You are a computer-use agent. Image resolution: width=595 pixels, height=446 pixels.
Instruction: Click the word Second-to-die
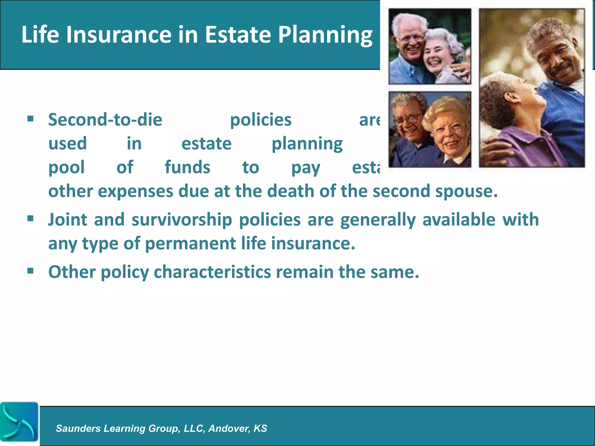coord(105,120)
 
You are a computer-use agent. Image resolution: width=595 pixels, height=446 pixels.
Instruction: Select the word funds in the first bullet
coord(187,168)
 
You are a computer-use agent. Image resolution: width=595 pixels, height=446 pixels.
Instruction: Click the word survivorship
coord(182,220)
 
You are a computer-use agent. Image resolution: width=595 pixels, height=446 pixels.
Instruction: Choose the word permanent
coord(190,243)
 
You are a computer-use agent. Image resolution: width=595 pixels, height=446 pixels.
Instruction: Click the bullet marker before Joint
coord(31,218)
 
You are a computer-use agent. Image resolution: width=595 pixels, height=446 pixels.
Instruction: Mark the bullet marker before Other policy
coord(31,271)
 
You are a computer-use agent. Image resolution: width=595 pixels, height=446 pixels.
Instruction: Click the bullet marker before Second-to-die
coord(31,118)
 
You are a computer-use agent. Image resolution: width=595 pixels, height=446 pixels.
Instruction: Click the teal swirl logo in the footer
coord(19,422)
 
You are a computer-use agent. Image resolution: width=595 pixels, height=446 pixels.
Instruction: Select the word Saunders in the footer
coord(78,428)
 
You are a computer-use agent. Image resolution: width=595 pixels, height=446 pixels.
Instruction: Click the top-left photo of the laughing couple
coord(429,46)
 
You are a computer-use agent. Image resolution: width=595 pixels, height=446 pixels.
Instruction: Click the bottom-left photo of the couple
coord(429,130)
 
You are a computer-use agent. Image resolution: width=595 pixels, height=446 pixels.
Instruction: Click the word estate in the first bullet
coord(207,144)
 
